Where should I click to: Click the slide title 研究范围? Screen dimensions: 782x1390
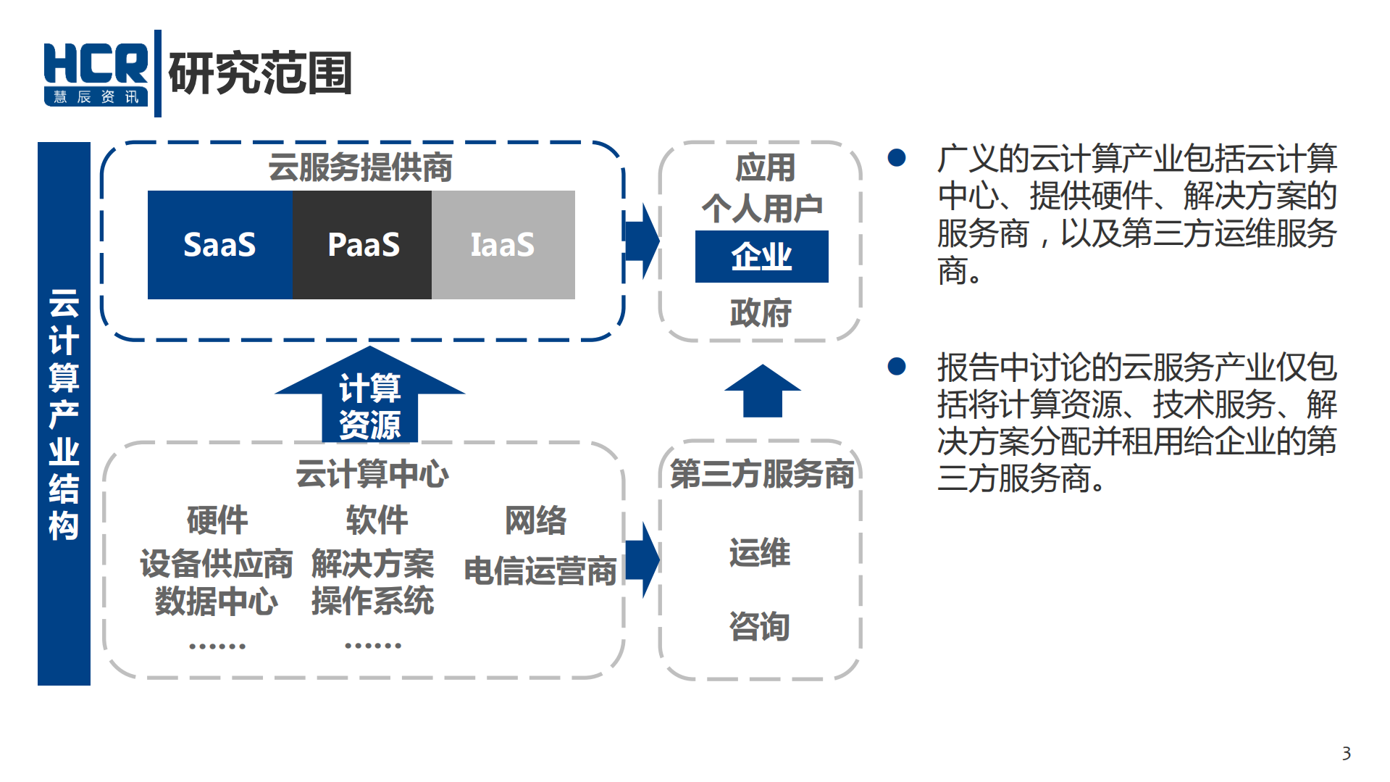click(x=259, y=73)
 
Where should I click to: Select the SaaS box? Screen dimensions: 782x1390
click(x=219, y=245)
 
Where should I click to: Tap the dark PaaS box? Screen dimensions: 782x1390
click(x=362, y=245)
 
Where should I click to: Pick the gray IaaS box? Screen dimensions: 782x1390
click(x=503, y=245)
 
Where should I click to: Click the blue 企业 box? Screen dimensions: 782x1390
click(x=761, y=257)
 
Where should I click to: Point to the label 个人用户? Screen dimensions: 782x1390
click(x=761, y=209)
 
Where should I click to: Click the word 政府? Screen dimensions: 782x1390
click(x=761, y=312)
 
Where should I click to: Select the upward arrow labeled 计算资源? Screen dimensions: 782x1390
click(x=369, y=399)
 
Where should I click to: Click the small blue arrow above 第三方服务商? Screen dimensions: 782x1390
click(x=762, y=391)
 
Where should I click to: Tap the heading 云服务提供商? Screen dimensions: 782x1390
click(x=360, y=167)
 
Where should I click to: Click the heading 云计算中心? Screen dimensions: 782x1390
click(x=372, y=474)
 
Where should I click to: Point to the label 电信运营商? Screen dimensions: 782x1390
click(x=540, y=570)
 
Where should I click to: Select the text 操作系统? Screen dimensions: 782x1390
click(x=372, y=601)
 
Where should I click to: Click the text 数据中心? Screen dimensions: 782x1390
click(x=216, y=601)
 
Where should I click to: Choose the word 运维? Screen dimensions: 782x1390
click(x=759, y=552)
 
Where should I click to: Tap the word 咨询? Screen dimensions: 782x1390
click(x=759, y=625)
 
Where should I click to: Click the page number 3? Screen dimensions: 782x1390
click(x=1346, y=753)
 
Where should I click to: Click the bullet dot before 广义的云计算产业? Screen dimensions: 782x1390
click(x=897, y=158)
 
